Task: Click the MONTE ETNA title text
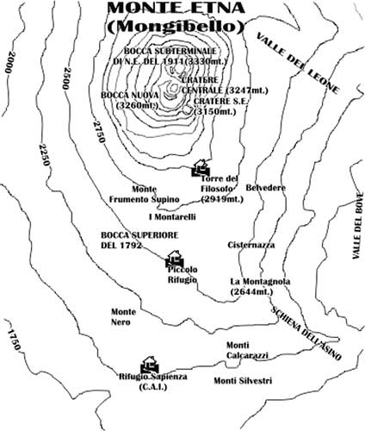coord(176,8)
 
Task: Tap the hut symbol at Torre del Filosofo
coord(201,168)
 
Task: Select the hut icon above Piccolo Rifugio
coord(175,259)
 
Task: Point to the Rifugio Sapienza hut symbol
coord(150,365)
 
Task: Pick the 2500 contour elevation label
coord(65,78)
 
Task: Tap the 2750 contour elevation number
coord(99,132)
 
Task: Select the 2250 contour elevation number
coord(44,154)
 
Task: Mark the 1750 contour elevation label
coord(14,340)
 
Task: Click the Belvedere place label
coord(266,188)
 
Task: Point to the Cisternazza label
coord(251,245)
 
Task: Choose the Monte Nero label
coord(124,317)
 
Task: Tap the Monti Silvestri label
coord(243,381)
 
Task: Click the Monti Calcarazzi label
coord(247,351)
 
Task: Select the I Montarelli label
coord(172,217)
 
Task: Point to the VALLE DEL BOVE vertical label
coord(358,226)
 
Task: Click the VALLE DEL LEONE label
coord(298,64)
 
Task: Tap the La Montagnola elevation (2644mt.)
coord(251,292)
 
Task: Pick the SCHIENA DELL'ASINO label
coord(306,334)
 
